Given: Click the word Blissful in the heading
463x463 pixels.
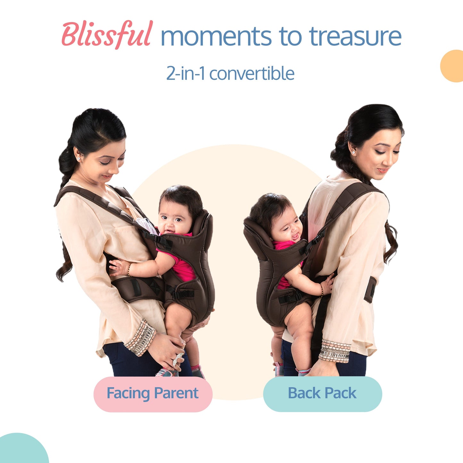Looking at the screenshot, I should click(x=106, y=35).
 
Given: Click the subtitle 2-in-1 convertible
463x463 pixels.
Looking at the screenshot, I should click(x=230, y=73).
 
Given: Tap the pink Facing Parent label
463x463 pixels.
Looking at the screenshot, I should click(x=153, y=394).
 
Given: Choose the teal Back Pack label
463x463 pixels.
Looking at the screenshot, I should click(x=322, y=394).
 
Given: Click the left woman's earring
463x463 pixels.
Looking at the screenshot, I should click(x=78, y=158).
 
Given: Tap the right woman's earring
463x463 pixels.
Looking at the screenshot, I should click(x=353, y=152).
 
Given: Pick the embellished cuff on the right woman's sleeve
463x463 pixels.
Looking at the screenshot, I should click(x=335, y=351).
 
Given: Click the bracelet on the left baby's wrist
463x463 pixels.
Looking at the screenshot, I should click(x=129, y=270).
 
